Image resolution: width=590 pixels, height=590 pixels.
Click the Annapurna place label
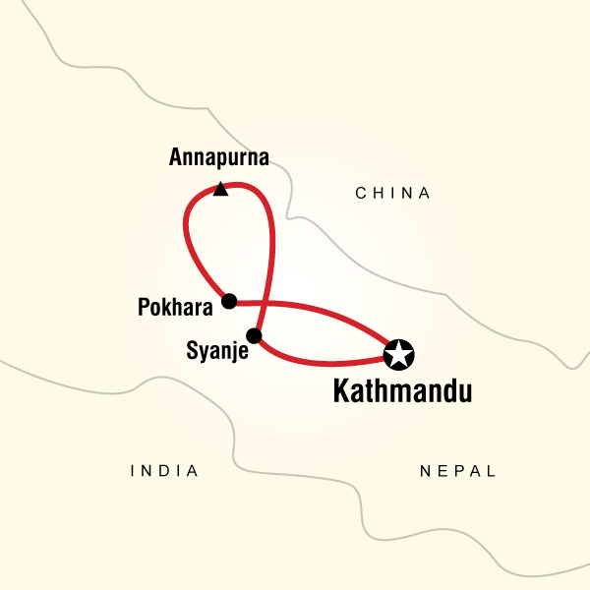point(219,157)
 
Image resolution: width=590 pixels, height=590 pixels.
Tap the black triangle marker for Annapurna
point(221,189)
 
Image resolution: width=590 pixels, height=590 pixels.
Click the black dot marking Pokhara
point(229,301)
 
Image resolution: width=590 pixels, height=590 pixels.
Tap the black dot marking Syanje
point(254,336)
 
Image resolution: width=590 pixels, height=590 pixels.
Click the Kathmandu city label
point(403,391)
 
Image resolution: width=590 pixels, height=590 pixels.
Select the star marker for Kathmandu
point(398,353)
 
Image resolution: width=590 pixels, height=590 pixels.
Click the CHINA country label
point(393,194)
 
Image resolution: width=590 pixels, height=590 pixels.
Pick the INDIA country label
point(164,472)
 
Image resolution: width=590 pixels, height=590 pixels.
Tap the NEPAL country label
point(458,472)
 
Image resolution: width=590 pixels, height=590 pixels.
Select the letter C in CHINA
point(361,194)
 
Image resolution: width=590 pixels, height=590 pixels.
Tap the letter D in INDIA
point(163,472)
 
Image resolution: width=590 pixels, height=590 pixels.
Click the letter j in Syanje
point(226,350)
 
